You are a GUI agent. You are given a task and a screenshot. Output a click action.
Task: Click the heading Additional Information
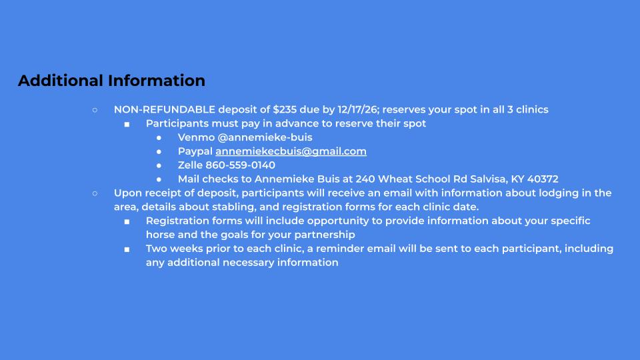(111, 81)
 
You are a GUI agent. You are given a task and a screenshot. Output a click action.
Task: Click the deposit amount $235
(285, 109)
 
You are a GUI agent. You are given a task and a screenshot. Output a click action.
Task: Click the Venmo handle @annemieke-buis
(265, 137)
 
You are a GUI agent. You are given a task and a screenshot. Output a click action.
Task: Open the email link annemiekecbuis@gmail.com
(291, 151)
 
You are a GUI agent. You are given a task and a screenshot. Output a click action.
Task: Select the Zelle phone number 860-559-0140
(240, 165)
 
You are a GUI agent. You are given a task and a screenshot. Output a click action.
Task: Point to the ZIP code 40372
(543, 179)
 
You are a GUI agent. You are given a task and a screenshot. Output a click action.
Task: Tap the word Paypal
(195, 151)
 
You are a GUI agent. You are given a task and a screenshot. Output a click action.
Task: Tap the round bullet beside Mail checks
(159, 179)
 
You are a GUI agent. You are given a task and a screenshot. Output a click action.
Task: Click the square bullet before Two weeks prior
(127, 249)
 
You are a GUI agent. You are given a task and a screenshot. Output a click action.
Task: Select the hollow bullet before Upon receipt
(95, 193)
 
